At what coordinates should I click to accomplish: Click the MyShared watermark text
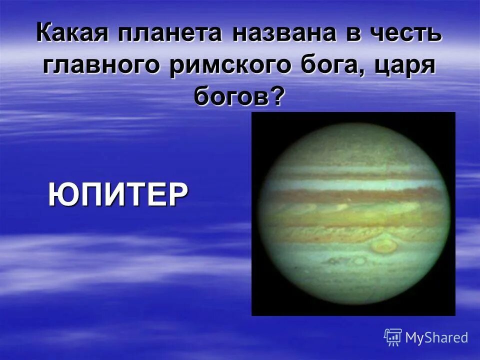tap(436, 337)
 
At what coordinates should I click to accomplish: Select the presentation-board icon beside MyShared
tap(393, 337)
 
